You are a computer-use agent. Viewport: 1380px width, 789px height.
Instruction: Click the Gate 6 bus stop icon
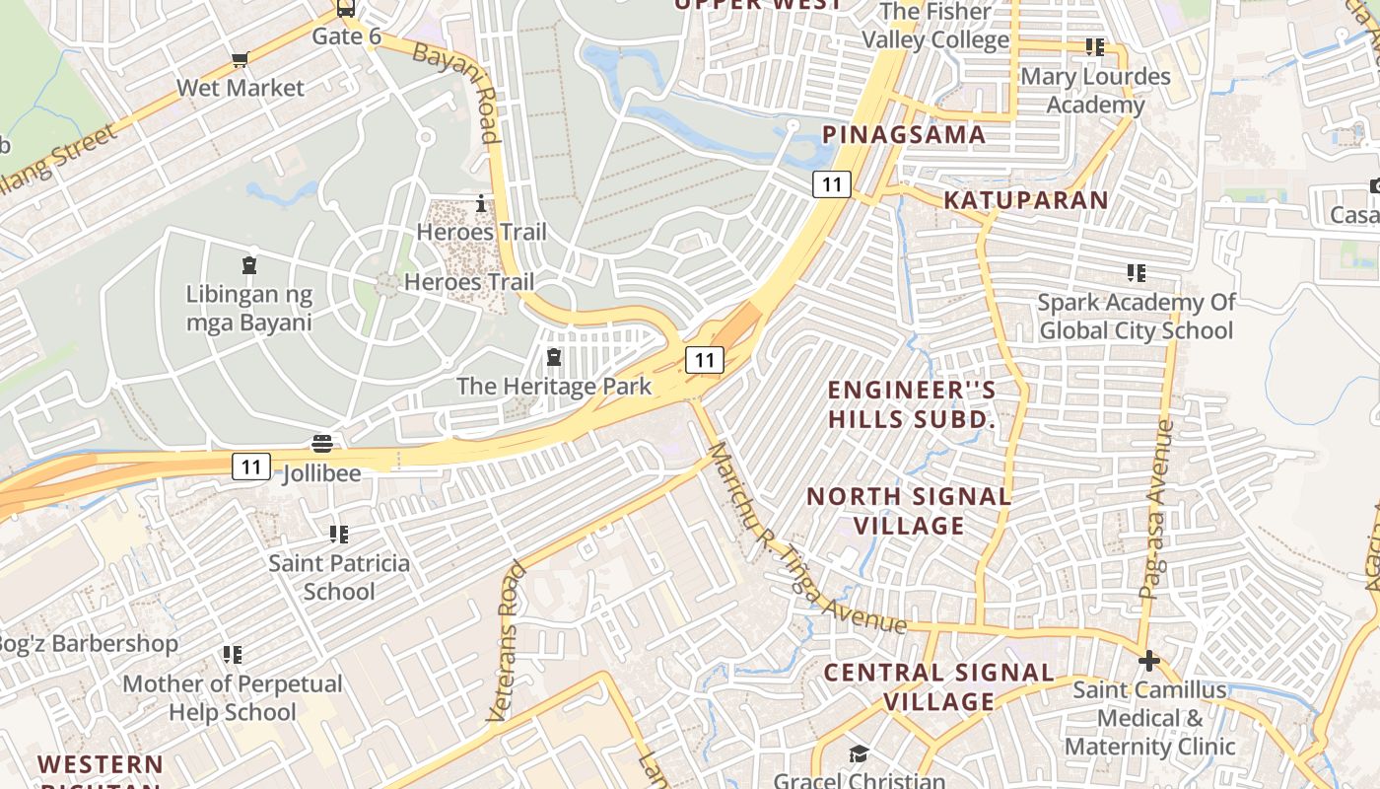(345, 9)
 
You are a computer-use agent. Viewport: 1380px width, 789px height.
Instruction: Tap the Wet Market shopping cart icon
(240, 60)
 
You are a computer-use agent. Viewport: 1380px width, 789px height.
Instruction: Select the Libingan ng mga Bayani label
(249, 308)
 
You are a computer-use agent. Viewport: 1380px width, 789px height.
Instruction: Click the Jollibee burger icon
(322, 443)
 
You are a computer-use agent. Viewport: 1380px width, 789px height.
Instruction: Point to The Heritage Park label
(553, 386)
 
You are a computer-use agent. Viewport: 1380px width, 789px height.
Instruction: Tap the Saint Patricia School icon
(339, 535)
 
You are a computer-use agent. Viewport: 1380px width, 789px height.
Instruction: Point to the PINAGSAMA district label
(904, 134)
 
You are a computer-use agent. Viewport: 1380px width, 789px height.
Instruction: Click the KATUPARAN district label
(1026, 199)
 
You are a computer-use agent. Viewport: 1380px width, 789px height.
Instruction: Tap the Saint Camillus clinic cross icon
(1148, 660)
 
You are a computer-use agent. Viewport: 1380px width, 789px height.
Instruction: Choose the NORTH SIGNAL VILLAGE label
(909, 510)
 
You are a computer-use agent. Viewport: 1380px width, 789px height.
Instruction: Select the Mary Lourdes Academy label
(1095, 90)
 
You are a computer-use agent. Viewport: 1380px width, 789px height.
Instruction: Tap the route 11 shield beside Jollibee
(251, 466)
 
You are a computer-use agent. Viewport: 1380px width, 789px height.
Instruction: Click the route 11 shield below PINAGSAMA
(832, 183)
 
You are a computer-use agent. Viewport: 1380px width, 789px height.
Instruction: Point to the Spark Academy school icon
(1136, 272)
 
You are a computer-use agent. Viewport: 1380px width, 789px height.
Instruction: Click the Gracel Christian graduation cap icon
(859, 754)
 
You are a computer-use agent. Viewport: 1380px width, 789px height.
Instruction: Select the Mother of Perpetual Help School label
(233, 697)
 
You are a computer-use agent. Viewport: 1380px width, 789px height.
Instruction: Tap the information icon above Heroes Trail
(481, 203)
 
